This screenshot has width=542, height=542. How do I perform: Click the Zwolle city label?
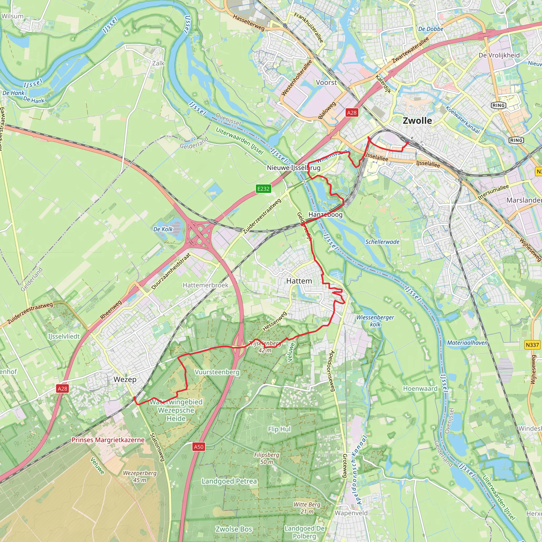tap(417, 121)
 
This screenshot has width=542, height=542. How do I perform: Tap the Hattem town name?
tap(299, 281)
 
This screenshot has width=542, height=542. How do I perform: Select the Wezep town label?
tap(125, 379)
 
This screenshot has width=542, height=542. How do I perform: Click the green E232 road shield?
tap(263, 189)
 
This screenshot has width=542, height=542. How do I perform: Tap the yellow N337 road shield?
tap(532, 345)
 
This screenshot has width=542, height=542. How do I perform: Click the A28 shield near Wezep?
tap(62, 389)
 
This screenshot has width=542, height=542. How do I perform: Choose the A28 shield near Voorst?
tap(352, 113)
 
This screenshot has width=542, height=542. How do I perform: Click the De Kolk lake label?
tap(163, 229)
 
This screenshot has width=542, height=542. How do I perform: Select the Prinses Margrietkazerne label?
tap(108, 440)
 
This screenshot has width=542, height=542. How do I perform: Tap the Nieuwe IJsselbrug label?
tap(293, 168)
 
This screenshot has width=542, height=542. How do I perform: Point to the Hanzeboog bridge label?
tap(326, 215)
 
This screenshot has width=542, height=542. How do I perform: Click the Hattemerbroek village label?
tap(205, 285)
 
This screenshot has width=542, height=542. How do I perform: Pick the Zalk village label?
tap(158, 64)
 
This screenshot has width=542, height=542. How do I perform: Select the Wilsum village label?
tap(12, 16)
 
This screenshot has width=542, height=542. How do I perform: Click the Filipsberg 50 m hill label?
tap(267, 458)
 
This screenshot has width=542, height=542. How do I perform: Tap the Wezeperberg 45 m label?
tap(140, 476)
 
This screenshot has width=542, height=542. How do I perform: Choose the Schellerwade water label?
tap(382, 242)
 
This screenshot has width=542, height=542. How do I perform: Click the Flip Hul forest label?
tap(279, 429)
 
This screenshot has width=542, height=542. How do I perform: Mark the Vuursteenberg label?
tap(217, 372)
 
